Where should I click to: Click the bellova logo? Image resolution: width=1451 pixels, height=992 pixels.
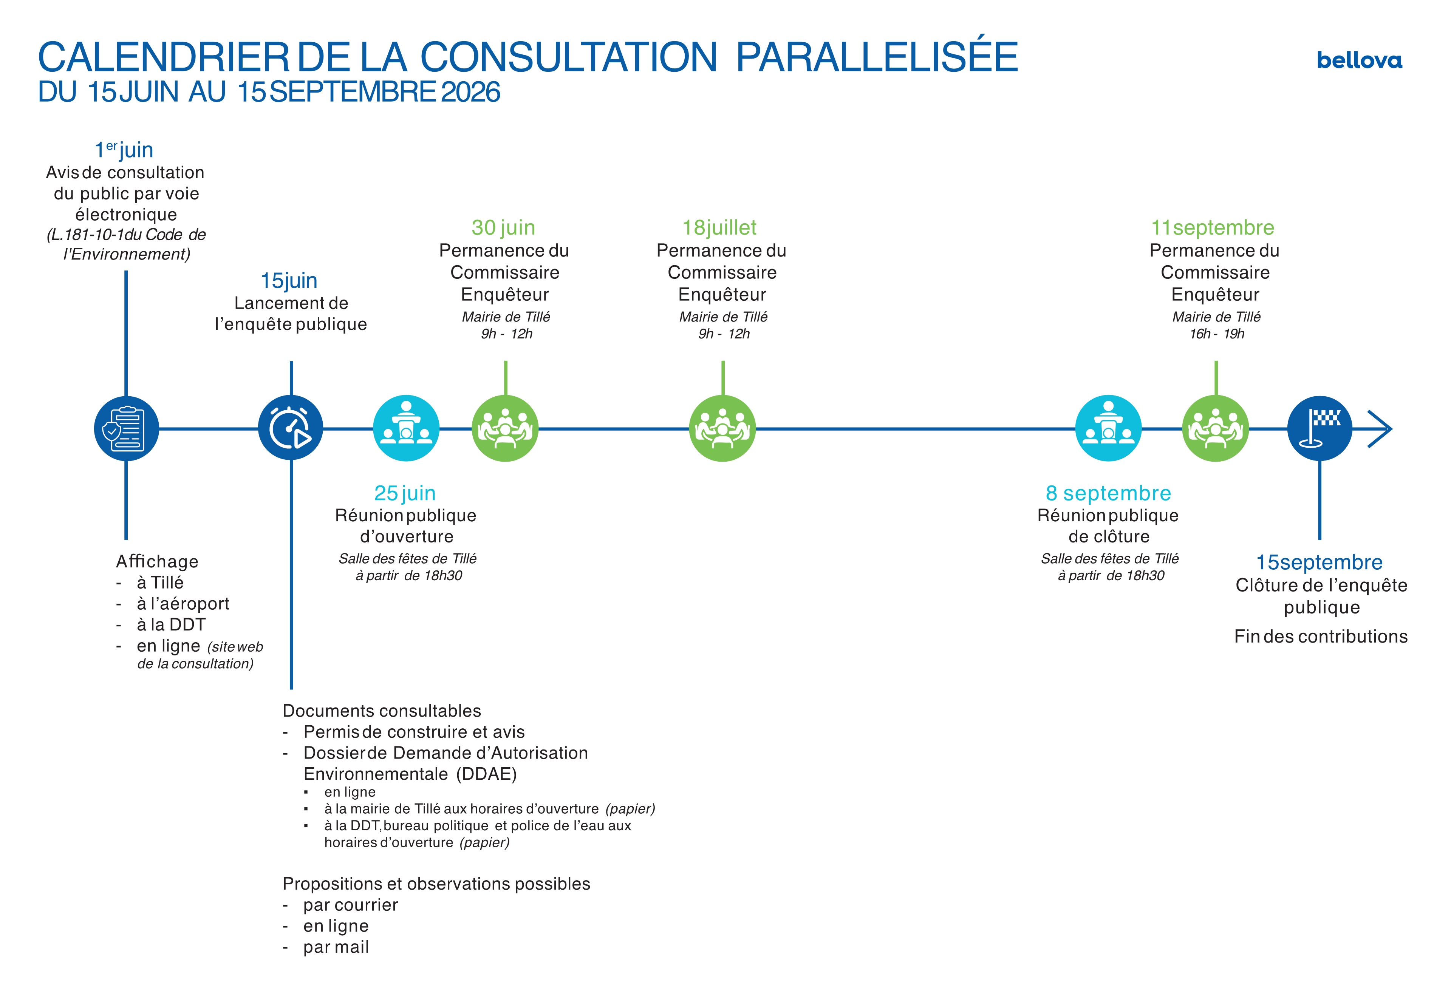(1359, 60)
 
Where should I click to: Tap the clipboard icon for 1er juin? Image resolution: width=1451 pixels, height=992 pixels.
(126, 429)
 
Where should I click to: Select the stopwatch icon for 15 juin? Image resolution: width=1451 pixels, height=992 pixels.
(291, 428)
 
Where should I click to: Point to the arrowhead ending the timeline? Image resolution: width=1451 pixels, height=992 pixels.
(1380, 429)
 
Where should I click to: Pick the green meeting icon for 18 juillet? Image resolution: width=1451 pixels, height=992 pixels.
(722, 429)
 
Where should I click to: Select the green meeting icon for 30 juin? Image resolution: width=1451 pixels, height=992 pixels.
(505, 429)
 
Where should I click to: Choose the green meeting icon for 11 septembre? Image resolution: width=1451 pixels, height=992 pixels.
(1216, 429)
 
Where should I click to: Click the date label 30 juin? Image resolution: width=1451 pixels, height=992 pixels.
(503, 228)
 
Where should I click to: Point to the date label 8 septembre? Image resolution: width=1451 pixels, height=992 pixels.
(1108, 493)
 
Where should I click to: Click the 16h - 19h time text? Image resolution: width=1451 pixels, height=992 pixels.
(1216, 334)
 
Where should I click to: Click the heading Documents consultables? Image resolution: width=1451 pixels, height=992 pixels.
(382, 711)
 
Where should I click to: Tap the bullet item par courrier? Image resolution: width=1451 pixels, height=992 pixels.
(350, 905)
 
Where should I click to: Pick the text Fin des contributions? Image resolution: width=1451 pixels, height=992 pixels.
(1321, 637)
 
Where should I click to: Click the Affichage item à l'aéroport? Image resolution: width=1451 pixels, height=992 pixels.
(183, 604)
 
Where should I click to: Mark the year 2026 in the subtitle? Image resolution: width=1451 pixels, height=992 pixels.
(470, 92)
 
